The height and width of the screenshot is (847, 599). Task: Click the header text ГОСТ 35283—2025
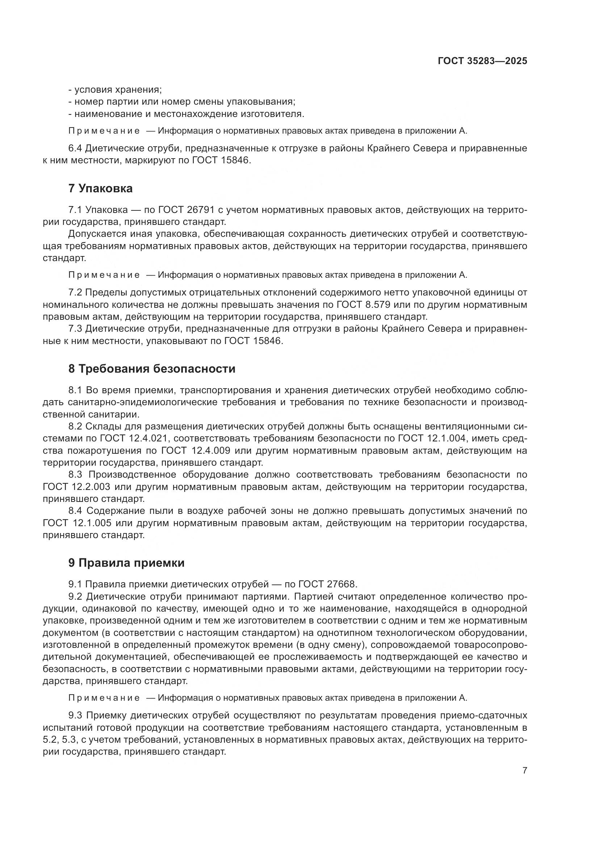(x=482, y=61)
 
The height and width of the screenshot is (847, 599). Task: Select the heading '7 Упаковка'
(x=100, y=189)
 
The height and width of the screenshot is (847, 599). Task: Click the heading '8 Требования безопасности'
(x=152, y=369)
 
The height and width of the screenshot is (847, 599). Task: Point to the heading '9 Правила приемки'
(x=126, y=563)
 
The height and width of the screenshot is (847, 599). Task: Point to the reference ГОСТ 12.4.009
(x=196, y=450)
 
